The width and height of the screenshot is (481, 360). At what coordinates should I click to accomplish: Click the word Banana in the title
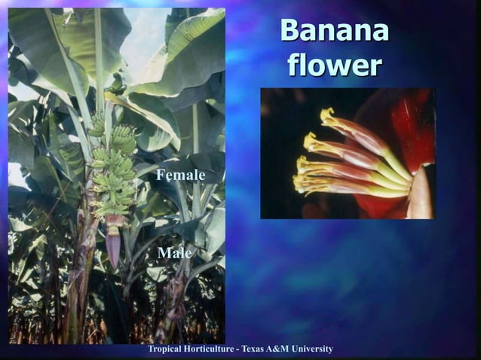tap(334, 32)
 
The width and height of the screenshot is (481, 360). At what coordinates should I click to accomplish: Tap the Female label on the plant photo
tap(180, 175)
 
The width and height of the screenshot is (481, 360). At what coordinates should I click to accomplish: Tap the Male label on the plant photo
tap(174, 253)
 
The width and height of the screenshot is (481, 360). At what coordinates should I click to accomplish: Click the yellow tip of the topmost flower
tap(328, 115)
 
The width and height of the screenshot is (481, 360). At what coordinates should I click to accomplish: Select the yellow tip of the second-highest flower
tap(310, 140)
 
